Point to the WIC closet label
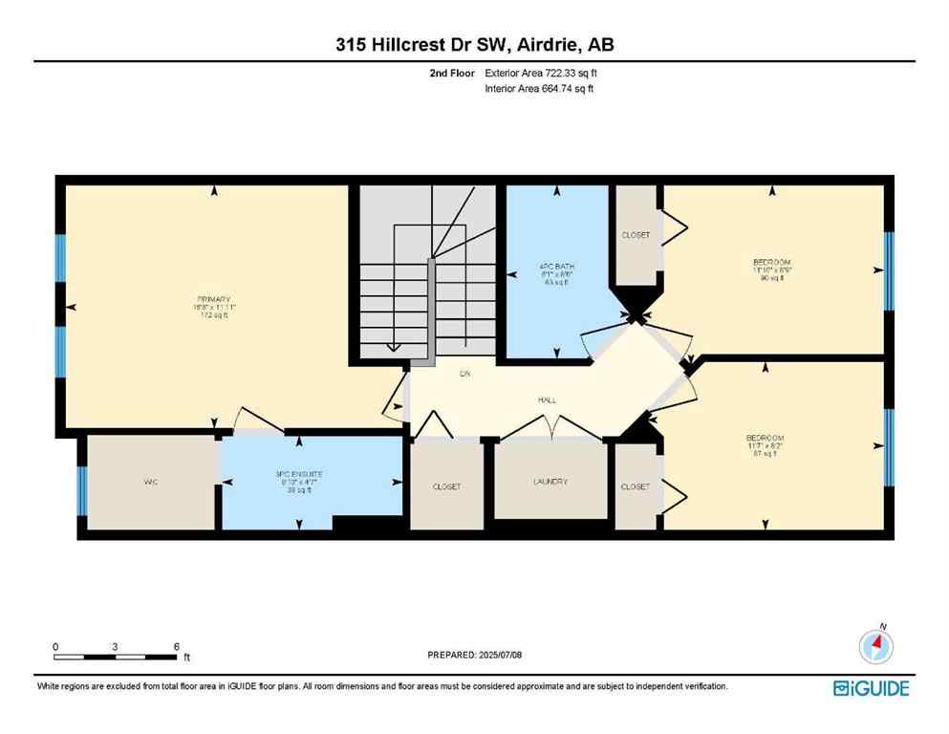[150, 483]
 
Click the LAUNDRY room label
[550, 482]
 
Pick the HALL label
[546, 400]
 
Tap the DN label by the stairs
[465, 374]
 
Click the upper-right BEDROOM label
[772, 262]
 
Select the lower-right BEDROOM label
[765, 438]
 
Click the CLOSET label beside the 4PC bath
[636, 235]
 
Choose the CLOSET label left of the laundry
[446, 486]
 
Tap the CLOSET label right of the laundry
[636, 486]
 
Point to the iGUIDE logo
[871, 688]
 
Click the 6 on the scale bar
[177, 647]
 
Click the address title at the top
[474, 44]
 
